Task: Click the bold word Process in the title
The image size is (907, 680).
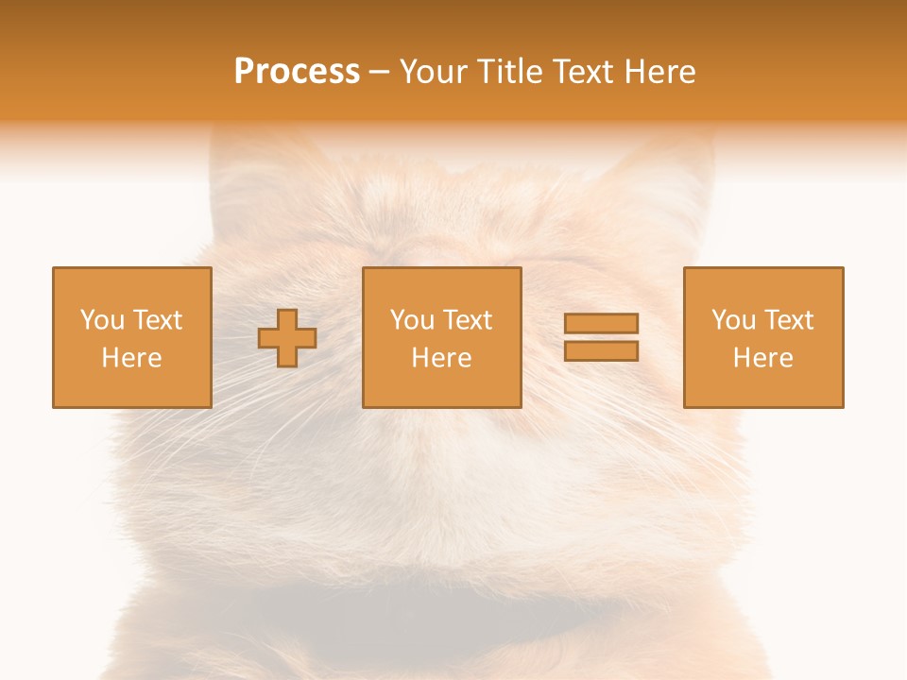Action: pyautogui.click(x=297, y=72)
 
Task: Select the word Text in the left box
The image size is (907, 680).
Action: pyautogui.click(x=157, y=320)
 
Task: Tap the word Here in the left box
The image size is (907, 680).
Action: pyautogui.click(x=131, y=358)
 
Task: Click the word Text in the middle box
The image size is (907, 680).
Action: pyautogui.click(x=467, y=320)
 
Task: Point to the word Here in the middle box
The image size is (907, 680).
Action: pyautogui.click(x=441, y=358)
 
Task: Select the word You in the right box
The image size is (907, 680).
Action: pyautogui.click(x=733, y=320)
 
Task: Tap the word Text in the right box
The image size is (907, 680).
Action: pyautogui.click(x=788, y=320)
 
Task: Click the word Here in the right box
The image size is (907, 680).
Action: pyautogui.click(x=762, y=358)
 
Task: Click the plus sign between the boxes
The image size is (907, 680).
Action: pyautogui.click(x=287, y=338)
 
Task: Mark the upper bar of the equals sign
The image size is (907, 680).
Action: pyautogui.click(x=601, y=323)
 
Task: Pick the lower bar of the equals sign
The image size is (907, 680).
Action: pyautogui.click(x=601, y=350)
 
